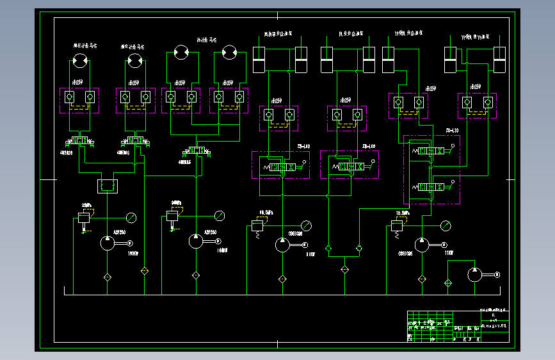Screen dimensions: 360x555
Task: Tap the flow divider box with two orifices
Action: point(106,186)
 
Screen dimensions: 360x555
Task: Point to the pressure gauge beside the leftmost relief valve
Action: point(132,217)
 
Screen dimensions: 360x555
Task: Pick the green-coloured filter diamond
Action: point(448,282)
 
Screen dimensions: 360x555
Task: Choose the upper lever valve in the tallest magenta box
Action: point(431,151)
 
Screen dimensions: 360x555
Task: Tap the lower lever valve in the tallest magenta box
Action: point(431,186)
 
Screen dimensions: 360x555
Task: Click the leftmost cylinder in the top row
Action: point(259,60)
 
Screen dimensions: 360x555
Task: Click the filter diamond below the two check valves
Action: point(344,270)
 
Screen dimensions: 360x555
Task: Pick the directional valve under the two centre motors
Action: point(195,151)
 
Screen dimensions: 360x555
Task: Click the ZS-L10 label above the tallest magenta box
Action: point(453,131)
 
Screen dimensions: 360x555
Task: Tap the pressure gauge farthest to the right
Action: point(445,225)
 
